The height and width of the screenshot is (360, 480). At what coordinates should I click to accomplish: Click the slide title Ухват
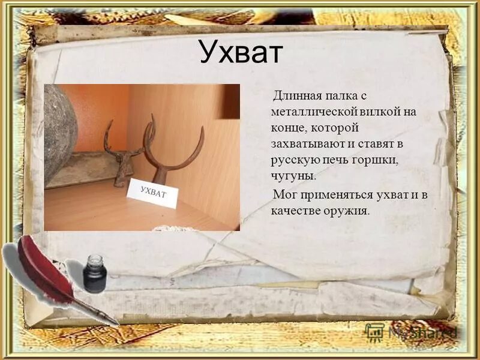tap(240, 53)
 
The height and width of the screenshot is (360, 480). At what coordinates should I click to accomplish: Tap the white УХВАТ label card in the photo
tap(153, 193)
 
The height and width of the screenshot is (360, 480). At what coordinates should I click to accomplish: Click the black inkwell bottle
tap(95, 275)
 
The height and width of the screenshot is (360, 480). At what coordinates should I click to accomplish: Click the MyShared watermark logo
tap(414, 332)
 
